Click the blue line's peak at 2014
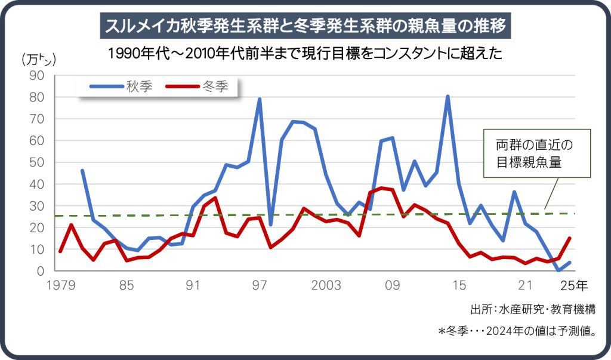(x=448, y=96)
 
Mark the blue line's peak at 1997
(x=260, y=99)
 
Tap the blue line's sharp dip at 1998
(x=271, y=224)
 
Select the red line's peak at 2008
(x=381, y=188)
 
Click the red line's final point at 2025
(x=570, y=238)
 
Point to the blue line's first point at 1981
(x=82, y=171)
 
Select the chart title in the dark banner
(x=305, y=26)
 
